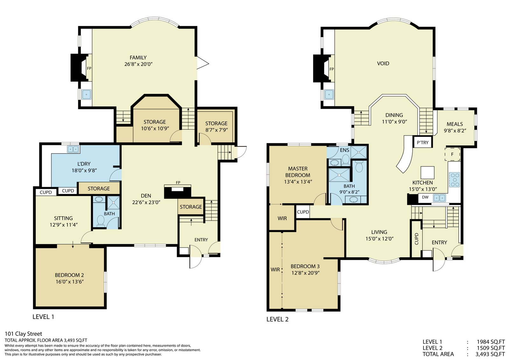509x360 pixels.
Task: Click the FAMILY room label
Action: pyautogui.click(x=138, y=58)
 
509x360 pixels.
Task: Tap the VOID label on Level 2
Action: pyautogui.click(x=383, y=63)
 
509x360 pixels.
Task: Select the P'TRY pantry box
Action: pyautogui.click(x=423, y=142)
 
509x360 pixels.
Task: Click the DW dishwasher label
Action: pyautogui.click(x=425, y=197)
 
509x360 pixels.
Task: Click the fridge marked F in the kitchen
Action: pyautogui.click(x=452, y=154)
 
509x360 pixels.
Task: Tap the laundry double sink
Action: pyautogui.click(x=73, y=149)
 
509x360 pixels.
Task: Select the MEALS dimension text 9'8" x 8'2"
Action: pyautogui.click(x=455, y=131)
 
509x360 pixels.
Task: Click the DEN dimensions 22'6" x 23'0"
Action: pyautogui.click(x=146, y=202)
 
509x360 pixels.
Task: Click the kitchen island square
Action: pyautogui.click(x=428, y=173)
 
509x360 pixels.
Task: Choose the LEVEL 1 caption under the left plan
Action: pyautogui.click(x=43, y=317)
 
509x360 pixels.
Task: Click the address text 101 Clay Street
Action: pyautogui.click(x=24, y=334)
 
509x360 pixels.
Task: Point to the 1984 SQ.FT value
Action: pyautogui.click(x=491, y=342)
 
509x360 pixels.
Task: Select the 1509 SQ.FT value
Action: pyautogui.click(x=491, y=348)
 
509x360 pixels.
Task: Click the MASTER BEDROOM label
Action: pyautogui.click(x=298, y=172)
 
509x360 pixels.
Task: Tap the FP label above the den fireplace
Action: pyautogui.click(x=178, y=182)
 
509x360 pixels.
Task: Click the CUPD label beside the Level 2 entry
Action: pyautogui.click(x=416, y=238)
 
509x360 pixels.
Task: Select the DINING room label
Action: pyautogui.click(x=394, y=115)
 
